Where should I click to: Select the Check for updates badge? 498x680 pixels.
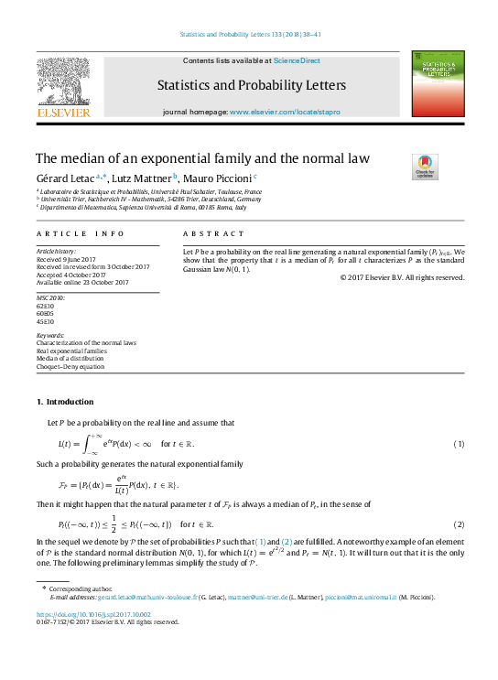(x=424, y=166)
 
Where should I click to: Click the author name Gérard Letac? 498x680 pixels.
(x=63, y=177)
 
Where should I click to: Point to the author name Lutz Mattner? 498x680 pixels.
(x=142, y=177)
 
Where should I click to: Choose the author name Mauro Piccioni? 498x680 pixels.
(x=219, y=177)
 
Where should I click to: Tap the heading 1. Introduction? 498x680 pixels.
(x=64, y=403)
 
